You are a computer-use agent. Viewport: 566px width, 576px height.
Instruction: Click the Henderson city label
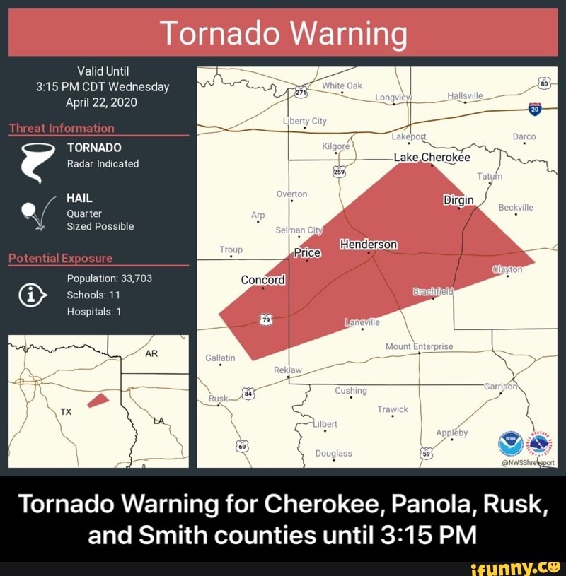[369, 245]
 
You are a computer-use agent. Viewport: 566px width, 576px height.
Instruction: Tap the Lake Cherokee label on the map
[432, 158]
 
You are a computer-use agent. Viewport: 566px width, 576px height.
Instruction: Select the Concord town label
[262, 280]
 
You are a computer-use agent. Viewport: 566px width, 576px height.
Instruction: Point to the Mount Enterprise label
[419, 346]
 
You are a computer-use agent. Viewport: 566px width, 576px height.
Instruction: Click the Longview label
[393, 98]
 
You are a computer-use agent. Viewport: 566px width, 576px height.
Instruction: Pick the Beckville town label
[516, 208]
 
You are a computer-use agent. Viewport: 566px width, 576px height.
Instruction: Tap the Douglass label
[333, 453]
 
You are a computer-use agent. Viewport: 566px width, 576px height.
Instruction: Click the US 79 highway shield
[267, 320]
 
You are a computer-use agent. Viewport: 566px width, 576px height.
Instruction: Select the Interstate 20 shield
[535, 108]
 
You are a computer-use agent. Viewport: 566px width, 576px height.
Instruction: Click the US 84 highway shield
[248, 394]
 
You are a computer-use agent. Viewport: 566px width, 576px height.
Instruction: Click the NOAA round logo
[509, 444]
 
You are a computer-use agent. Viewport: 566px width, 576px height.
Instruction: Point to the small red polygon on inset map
[98, 400]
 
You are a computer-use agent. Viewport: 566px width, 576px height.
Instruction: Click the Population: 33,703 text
[109, 278]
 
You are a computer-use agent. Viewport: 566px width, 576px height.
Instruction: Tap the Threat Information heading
[62, 128]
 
